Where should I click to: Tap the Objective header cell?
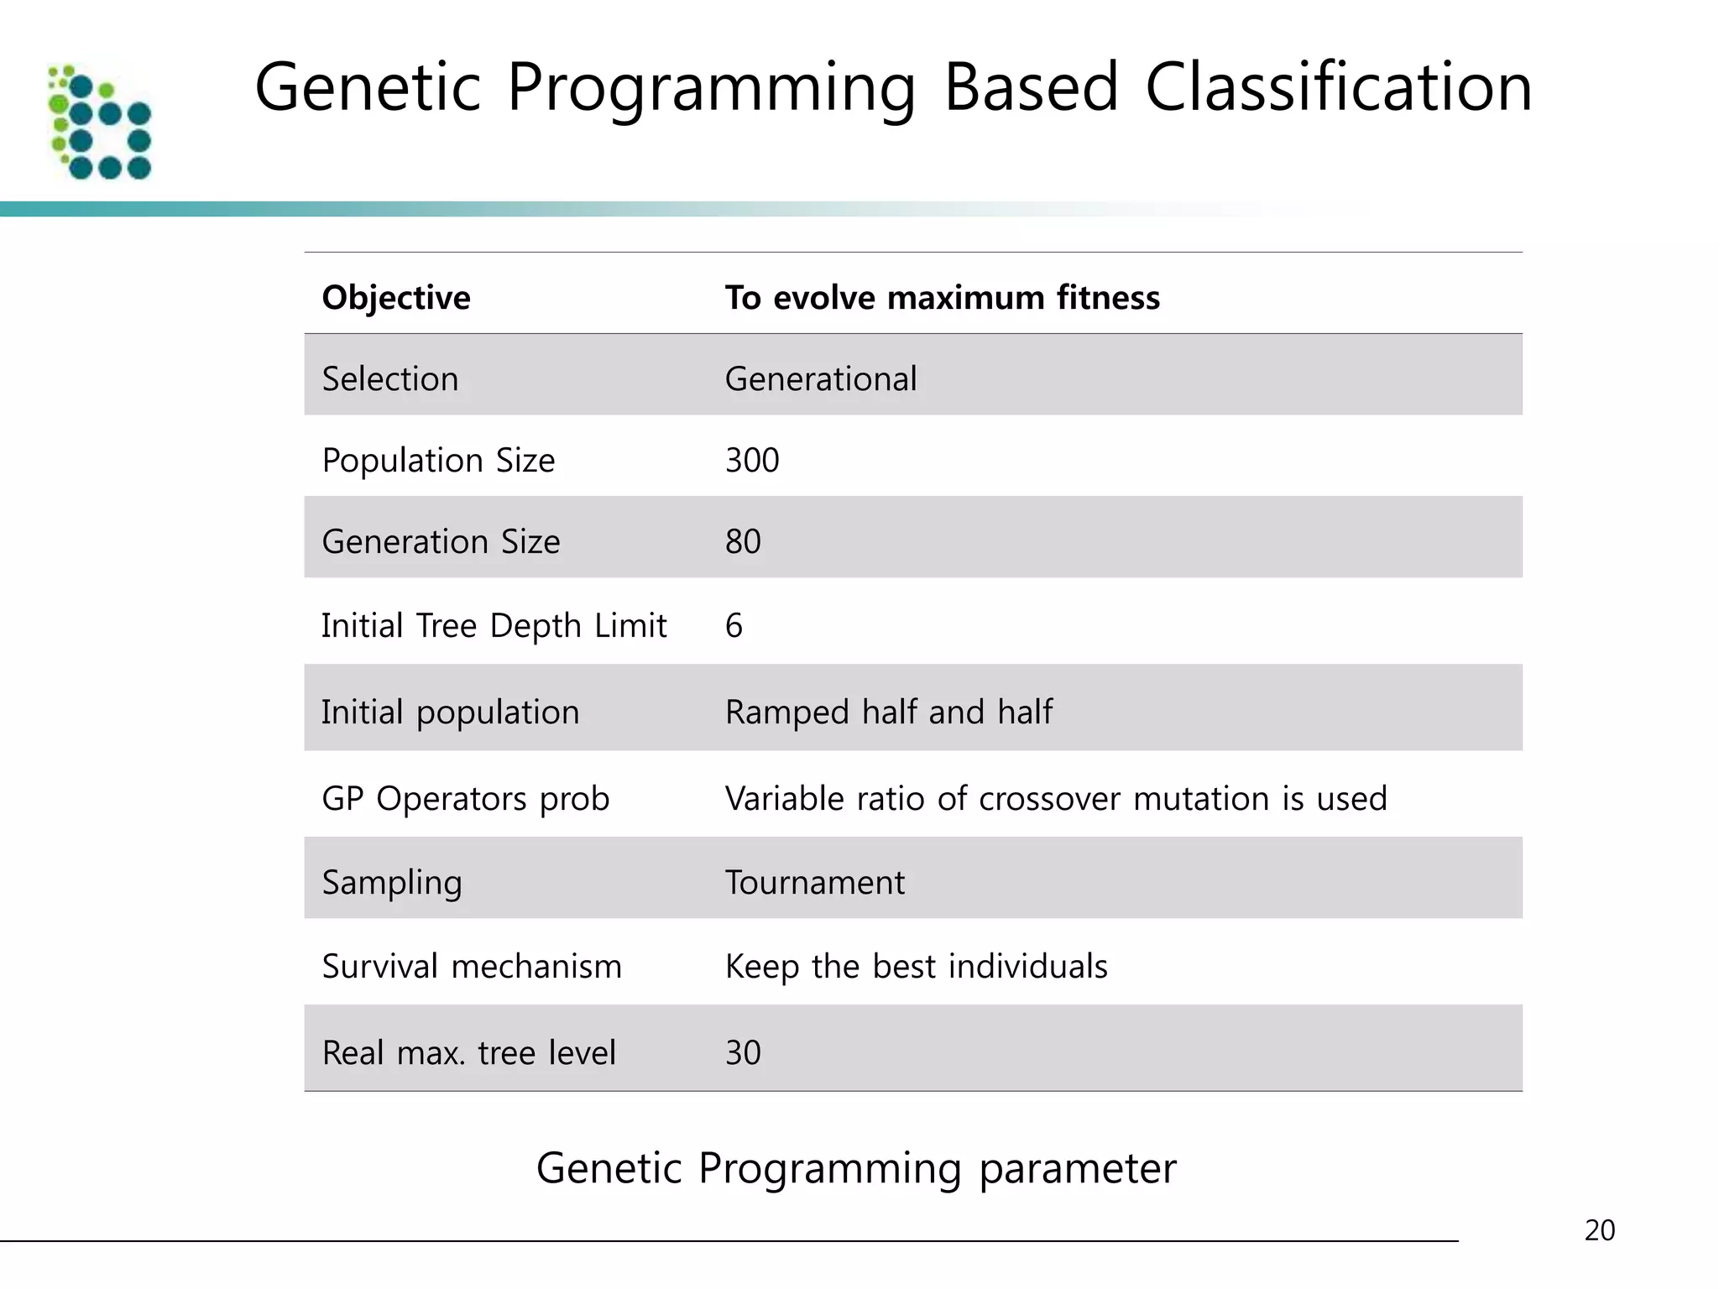tap(396, 298)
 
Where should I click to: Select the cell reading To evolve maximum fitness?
tap(942, 298)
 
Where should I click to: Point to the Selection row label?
tap(390, 379)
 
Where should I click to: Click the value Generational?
tap(820, 379)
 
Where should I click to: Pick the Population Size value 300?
tap(752, 461)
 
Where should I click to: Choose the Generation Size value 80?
tap(743, 542)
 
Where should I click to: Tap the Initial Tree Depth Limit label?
tap(494, 626)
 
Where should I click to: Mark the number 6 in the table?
tap(734, 626)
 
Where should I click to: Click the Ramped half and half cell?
tap(888, 712)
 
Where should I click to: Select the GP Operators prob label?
tap(465, 799)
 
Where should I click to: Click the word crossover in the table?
tap(1049, 799)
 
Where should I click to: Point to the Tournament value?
tap(814, 883)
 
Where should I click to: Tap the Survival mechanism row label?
tap(472, 967)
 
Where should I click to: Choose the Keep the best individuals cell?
tap(916, 967)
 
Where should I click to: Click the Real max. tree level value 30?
tap(743, 1053)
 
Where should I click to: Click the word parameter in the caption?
tap(1078, 1169)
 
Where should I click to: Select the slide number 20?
tap(1599, 1230)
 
